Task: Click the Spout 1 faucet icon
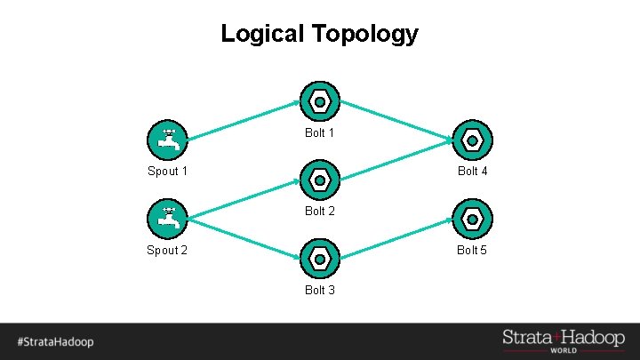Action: click(x=167, y=139)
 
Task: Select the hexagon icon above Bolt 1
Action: click(x=319, y=101)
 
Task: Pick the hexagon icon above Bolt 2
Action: click(x=319, y=180)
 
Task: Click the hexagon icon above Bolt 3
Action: click(x=319, y=259)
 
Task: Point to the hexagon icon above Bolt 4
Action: click(x=473, y=140)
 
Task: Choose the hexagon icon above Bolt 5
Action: click(x=473, y=218)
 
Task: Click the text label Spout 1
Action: click(x=167, y=171)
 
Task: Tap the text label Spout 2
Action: click(x=167, y=250)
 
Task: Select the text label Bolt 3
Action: click(x=319, y=290)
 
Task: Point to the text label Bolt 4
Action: click(x=472, y=171)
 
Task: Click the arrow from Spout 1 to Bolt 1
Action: click(x=244, y=120)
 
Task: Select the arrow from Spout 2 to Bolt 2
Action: click(x=244, y=198)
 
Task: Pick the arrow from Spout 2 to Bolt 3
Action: click(x=244, y=236)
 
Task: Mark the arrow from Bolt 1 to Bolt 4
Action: click(x=396, y=119)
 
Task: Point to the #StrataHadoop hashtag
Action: click(x=54, y=341)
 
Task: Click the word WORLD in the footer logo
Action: click(x=564, y=350)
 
